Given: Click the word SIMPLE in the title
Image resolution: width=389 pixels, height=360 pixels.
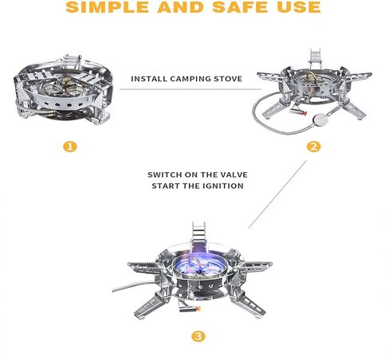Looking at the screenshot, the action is point(108,6).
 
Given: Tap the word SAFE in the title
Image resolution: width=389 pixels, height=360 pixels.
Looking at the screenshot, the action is point(241,6).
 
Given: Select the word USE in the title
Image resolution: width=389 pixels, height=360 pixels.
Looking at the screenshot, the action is point(299,6).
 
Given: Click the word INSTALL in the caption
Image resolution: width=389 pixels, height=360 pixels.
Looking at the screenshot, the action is point(149,79).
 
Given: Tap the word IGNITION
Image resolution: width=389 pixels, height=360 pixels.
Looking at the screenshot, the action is point(223,186).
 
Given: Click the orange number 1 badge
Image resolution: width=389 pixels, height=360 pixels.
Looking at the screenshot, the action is point(70,147).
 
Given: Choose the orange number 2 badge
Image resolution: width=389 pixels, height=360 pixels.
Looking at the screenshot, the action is point(313,147).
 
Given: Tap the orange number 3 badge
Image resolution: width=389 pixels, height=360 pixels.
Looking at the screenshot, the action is point(198,337).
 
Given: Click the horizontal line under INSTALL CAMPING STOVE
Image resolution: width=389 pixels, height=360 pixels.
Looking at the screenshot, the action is point(191,89).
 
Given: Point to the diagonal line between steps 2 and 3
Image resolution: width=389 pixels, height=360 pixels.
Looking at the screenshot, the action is point(277,194).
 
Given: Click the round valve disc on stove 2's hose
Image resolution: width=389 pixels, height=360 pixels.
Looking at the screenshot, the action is point(320,120).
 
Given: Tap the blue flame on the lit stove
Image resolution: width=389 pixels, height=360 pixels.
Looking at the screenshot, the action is point(200,264).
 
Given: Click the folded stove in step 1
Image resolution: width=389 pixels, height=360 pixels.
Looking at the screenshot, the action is point(64,90).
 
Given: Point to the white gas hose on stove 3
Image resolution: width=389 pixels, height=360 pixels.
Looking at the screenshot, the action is point(134,286).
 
